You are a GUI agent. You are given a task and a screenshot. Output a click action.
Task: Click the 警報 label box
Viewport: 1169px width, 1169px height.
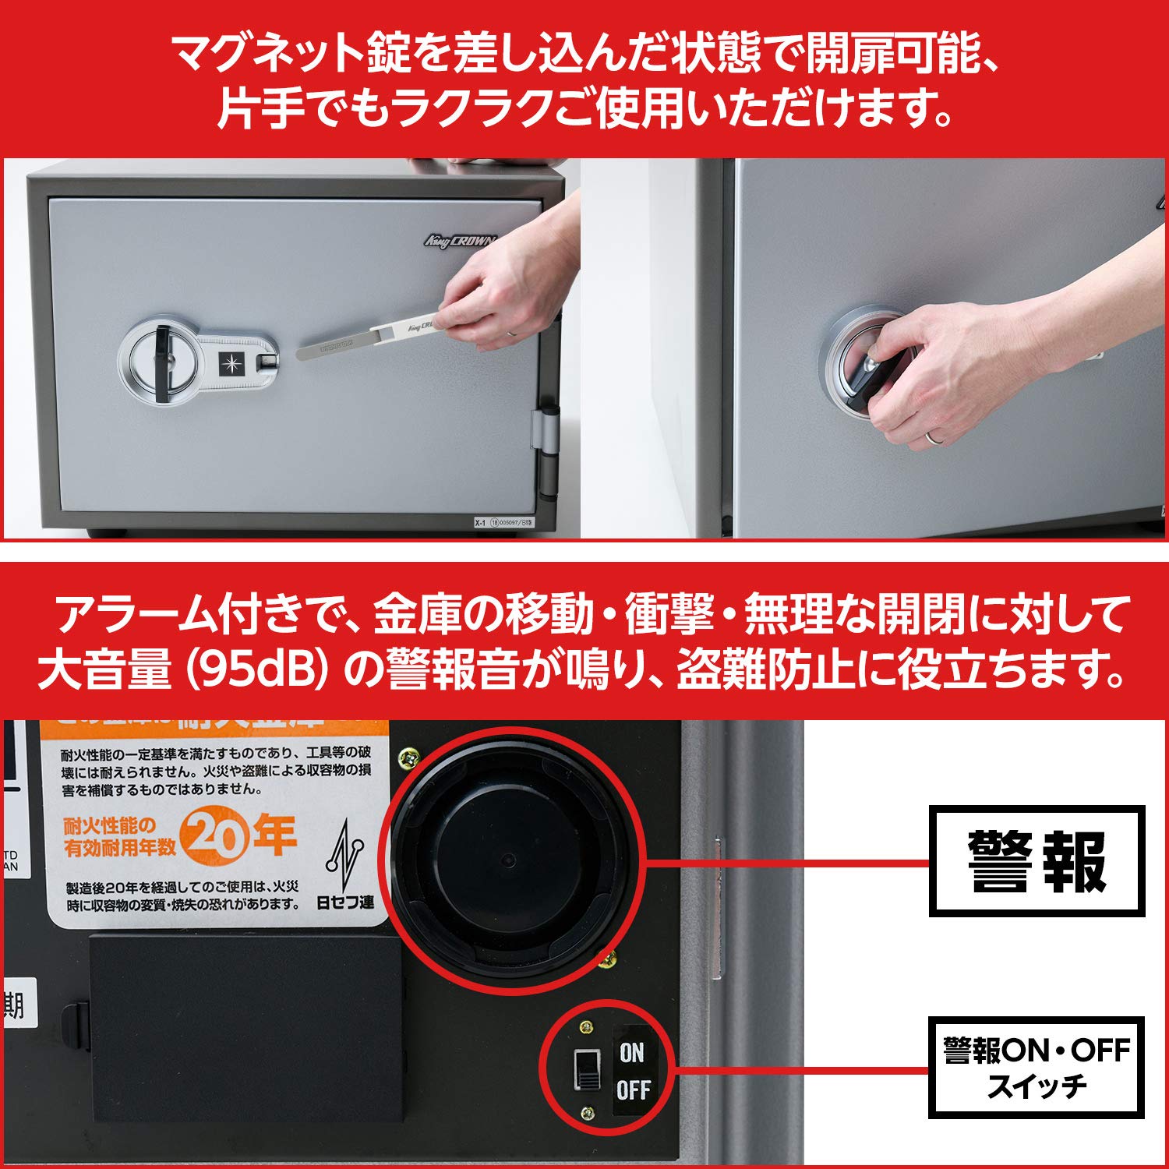pos(1037,860)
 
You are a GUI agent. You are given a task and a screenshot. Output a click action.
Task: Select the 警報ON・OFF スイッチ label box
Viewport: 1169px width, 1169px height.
pos(1037,1067)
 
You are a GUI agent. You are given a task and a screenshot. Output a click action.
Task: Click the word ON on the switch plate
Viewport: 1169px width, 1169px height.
pos(632,1053)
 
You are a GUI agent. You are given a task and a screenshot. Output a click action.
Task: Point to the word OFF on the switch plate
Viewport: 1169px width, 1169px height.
pos(633,1090)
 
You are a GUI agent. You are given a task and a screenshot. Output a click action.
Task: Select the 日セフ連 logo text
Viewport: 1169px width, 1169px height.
pos(345,902)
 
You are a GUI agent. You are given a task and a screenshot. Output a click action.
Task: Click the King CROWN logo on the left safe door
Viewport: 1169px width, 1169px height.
pos(460,241)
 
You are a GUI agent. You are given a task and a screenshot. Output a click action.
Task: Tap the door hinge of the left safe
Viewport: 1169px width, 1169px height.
pos(546,452)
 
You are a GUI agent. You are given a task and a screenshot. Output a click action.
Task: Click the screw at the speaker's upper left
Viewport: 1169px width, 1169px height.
pos(408,754)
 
